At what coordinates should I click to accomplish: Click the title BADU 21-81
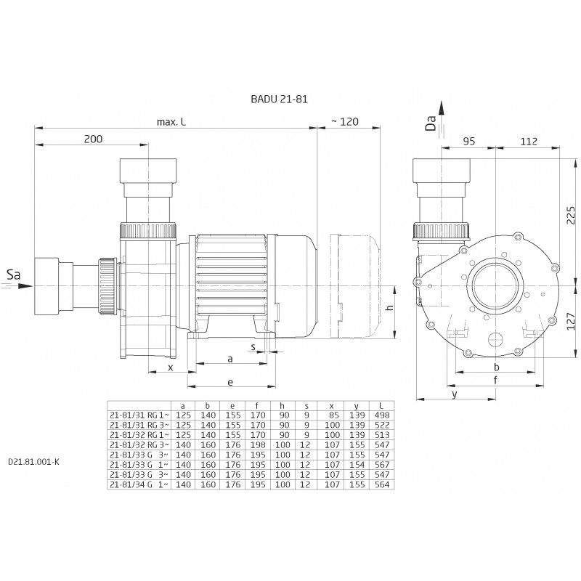coord(279,99)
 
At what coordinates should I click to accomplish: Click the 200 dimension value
coord(93,139)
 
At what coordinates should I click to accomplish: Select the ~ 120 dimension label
coord(344,122)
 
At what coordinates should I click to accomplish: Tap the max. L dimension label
coord(171,122)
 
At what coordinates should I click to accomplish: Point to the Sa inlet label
coord(14,275)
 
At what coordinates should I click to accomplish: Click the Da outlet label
coord(431,123)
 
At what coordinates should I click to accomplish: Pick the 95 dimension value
coord(468,142)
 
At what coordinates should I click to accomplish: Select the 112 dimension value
coord(529,142)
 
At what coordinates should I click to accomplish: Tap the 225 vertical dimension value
coord(571,215)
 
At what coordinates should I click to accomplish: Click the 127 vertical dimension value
coord(571,321)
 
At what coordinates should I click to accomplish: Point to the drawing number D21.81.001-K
coord(33,462)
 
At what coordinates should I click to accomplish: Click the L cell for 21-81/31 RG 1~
coord(382,415)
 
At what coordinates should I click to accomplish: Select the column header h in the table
coord(282,406)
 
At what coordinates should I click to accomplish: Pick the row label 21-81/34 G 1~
coord(139,484)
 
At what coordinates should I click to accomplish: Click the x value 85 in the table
coord(333,415)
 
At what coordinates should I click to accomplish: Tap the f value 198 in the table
coord(258,445)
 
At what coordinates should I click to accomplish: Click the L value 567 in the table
coord(382,465)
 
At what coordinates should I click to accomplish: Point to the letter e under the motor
coord(230,382)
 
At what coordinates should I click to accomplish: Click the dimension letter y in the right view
coord(455,394)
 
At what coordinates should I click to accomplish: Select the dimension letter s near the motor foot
coord(253,347)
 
